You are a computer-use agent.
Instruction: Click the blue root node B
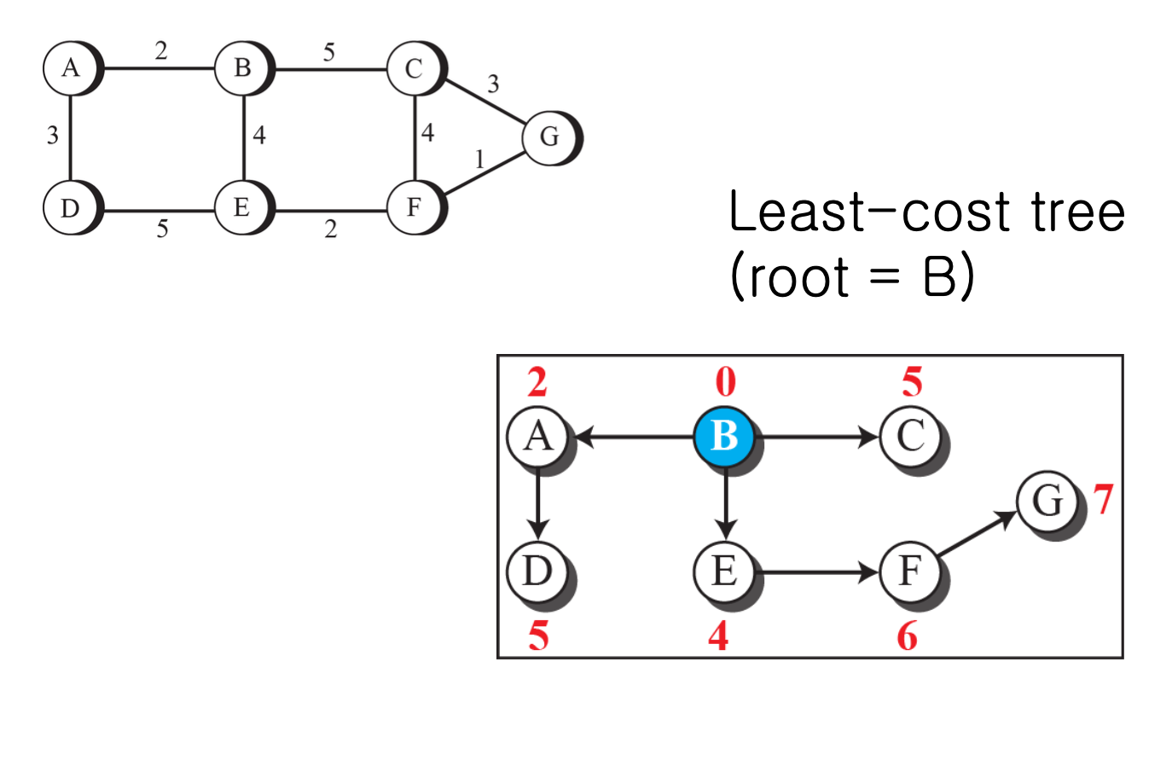click(724, 437)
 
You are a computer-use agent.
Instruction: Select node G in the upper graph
click(549, 136)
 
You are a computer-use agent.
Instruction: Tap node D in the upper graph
click(70, 207)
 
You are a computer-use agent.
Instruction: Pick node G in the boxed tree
click(1047, 501)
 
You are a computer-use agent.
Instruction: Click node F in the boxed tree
click(910, 572)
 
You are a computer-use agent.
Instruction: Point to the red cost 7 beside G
click(1104, 499)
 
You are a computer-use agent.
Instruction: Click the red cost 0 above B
click(725, 382)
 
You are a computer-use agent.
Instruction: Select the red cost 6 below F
click(907, 636)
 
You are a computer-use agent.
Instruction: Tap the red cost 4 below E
click(718, 636)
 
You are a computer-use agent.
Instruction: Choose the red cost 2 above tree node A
click(537, 382)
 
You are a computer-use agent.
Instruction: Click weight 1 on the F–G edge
click(479, 160)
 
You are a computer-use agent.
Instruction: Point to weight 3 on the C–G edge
click(493, 84)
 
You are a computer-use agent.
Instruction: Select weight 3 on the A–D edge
click(53, 135)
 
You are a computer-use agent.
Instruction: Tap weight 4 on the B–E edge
click(259, 135)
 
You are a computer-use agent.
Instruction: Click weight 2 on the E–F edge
click(331, 229)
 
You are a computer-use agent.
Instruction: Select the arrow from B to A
click(635, 437)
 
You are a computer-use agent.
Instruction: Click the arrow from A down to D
click(537, 503)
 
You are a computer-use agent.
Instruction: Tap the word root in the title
click(799, 278)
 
